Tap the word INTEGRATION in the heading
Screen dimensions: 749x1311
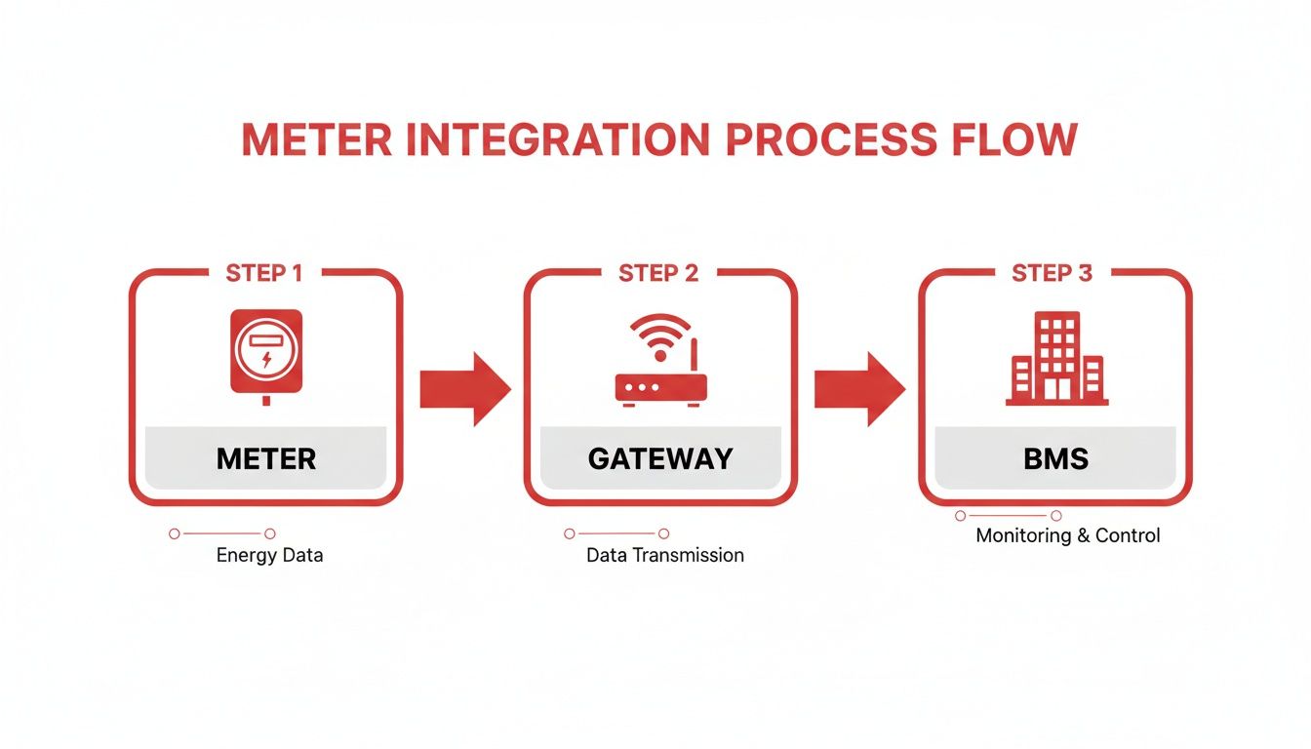[557, 139]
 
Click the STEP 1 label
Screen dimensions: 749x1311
[263, 273]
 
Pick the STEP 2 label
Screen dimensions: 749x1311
[658, 273]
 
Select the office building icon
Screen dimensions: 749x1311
[1056, 359]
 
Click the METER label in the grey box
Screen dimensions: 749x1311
[266, 458]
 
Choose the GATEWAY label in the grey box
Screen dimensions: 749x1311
[660, 458]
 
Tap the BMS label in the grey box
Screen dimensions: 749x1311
[1056, 458]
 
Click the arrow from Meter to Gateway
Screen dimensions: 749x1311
[464, 389]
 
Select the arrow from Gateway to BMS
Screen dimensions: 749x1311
[858, 389]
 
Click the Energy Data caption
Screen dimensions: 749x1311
[269, 556]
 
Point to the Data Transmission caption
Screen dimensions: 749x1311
[664, 556]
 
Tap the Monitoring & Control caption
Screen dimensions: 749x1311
[1068, 535]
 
